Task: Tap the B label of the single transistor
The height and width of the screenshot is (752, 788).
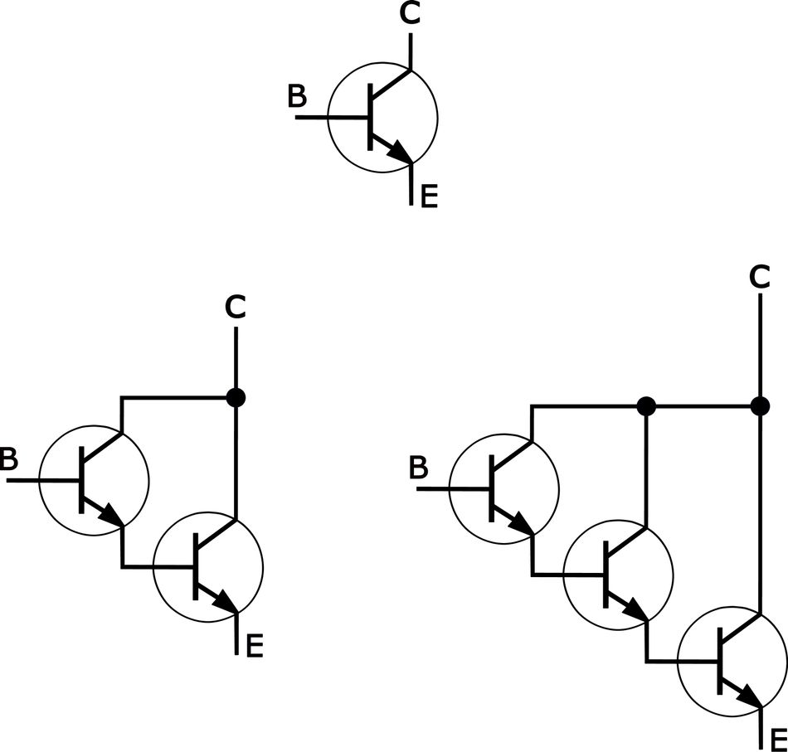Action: (297, 97)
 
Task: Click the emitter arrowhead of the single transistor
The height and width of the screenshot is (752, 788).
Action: (403, 154)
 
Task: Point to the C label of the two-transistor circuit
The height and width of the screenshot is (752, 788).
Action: (236, 308)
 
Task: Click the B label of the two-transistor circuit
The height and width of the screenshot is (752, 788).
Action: (7, 458)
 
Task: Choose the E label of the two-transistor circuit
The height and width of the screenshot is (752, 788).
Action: (255, 645)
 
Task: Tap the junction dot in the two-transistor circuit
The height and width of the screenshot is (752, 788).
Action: (236, 397)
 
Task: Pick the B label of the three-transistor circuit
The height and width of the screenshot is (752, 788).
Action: (419, 468)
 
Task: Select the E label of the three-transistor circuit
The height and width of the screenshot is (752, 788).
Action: (778, 739)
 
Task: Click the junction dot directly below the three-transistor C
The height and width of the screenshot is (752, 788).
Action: (759, 406)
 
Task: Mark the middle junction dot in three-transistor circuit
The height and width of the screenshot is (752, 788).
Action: (646, 406)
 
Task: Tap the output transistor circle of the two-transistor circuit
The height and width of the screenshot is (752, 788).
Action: (209, 567)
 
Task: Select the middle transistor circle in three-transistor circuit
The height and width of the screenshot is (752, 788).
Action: (616, 573)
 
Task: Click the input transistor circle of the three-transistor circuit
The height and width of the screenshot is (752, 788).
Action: (503, 488)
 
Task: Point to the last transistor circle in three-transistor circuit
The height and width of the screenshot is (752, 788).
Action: (732, 661)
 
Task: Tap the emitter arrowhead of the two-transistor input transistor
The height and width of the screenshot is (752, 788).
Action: (113, 516)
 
